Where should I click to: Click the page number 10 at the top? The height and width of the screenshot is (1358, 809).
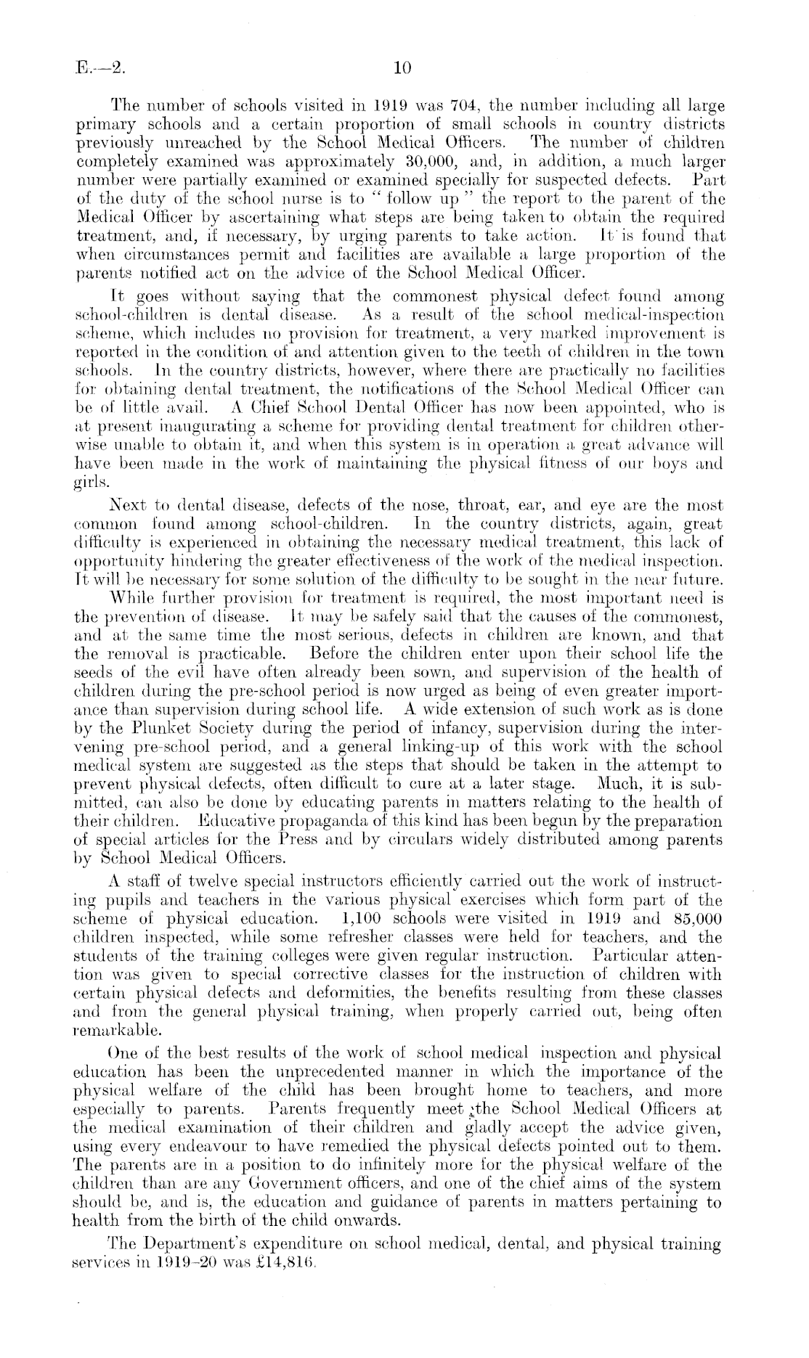tap(402, 68)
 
